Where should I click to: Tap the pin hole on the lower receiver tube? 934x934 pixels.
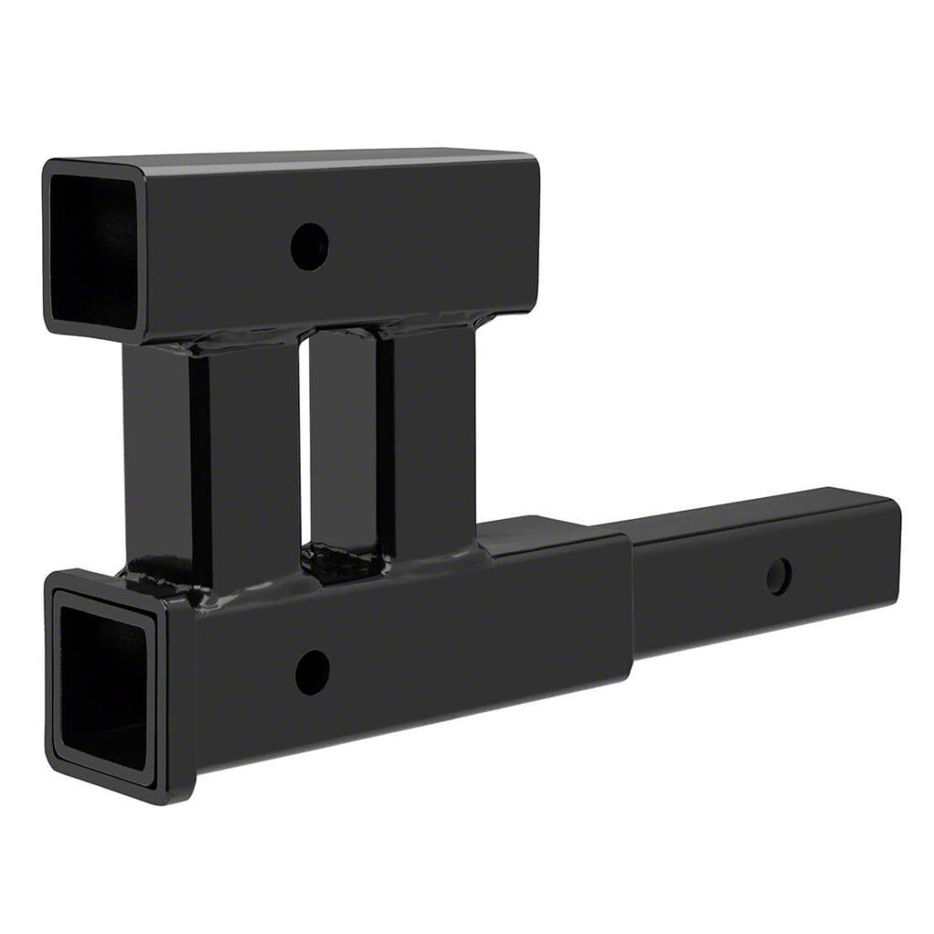(x=312, y=672)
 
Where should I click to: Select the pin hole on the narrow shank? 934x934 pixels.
(x=778, y=576)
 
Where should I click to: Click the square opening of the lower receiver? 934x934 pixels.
(x=102, y=680)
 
